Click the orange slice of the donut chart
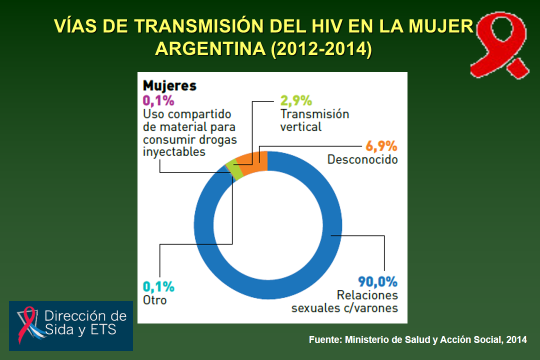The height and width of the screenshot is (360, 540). tap(253, 161)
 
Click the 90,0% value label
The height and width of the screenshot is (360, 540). tap(377, 281)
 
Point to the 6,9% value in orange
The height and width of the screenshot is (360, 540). tap(381, 146)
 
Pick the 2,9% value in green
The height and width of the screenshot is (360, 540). tap(296, 100)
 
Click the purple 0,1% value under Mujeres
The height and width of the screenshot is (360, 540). tap(158, 100)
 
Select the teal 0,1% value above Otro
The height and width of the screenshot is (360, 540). tap(158, 286)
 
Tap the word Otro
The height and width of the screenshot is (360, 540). tap(155, 300)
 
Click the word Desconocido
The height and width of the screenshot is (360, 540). tap(362, 159)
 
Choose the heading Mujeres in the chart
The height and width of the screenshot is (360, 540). tap(169, 85)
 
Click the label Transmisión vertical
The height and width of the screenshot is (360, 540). tap(314, 120)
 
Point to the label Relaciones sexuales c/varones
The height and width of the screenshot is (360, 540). tap(344, 301)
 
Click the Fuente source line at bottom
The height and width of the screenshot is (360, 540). tap(417, 340)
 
